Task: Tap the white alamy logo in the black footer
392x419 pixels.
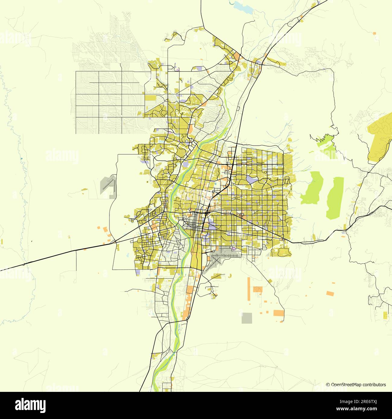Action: click(30, 405)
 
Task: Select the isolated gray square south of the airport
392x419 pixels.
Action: click(247, 318)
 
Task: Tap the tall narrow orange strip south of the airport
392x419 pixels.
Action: click(249, 288)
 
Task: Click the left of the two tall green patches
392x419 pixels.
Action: click(312, 187)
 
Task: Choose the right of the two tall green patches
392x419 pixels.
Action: click(335, 197)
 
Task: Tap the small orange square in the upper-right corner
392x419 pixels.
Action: click(375, 33)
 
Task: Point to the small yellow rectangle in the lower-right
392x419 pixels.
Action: click(385, 315)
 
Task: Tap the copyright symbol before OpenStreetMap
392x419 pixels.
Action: click(328, 385)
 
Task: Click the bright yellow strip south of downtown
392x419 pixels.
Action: click(194, 259)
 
